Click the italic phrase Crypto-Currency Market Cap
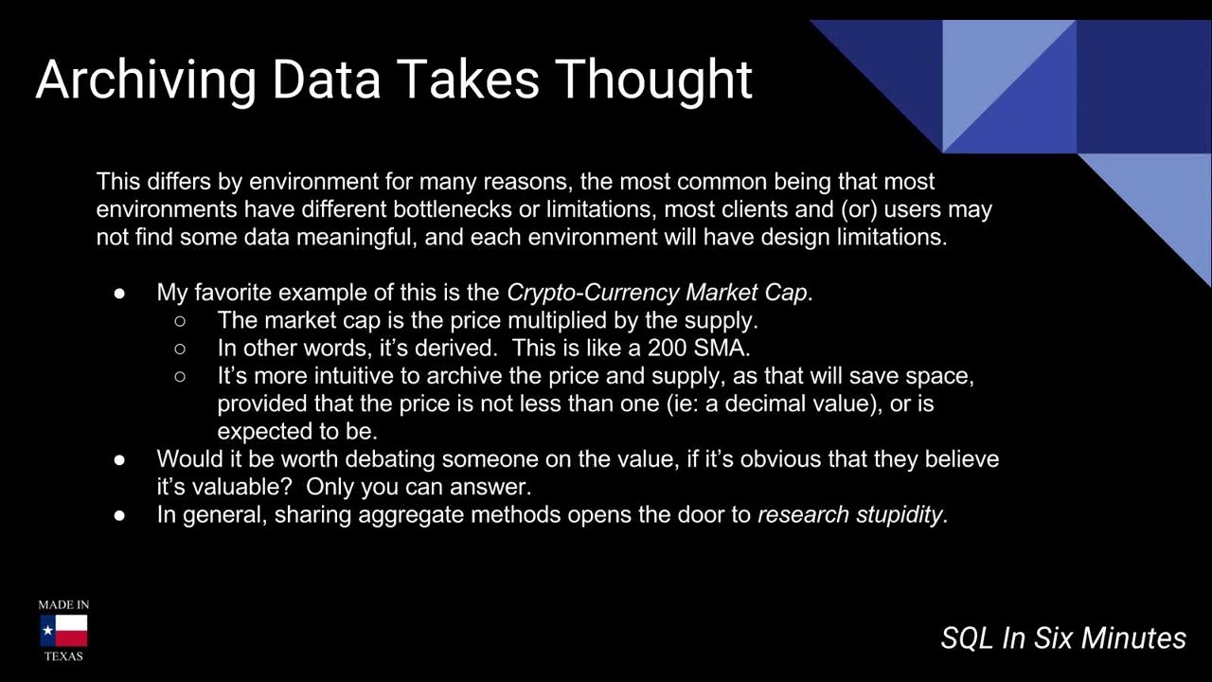pos(658,292)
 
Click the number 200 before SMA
pos(668,348)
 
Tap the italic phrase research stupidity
pos(849,515)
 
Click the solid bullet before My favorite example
pos(120,293)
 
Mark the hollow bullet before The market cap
pos(181,321)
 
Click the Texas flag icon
pos(63,631)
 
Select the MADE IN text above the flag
pos(63,604)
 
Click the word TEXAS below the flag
pos(63,656)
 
